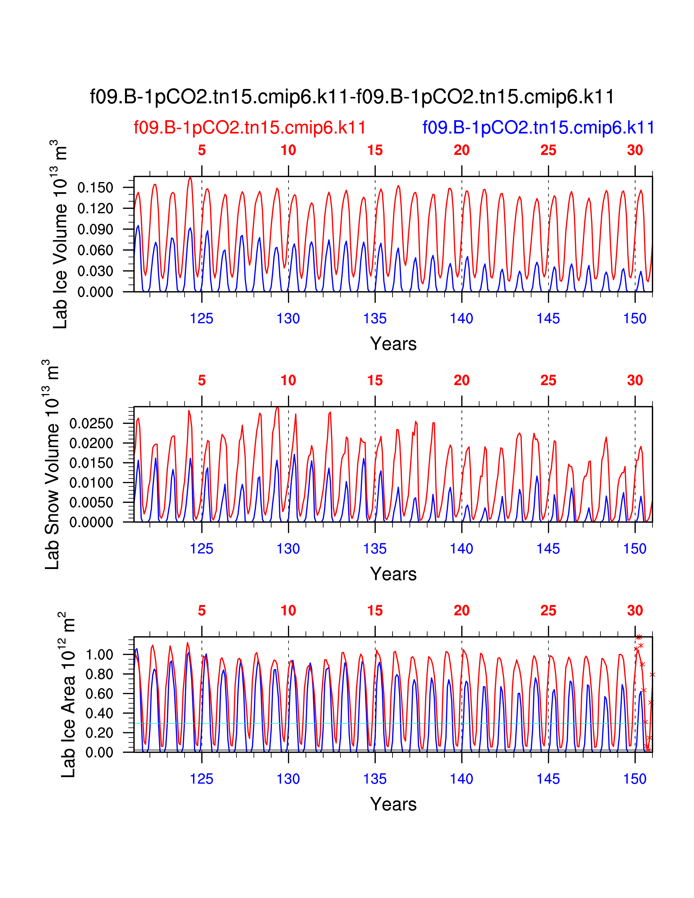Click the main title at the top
click(352, 97)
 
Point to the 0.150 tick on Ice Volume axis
click(95, 188)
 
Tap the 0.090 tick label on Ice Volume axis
click(95, 229)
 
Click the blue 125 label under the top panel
click(201, 318)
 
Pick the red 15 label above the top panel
click(375, 150)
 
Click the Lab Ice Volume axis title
click(60, 234)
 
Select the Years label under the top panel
click(393, 344)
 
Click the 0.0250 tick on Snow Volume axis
click(91, 423)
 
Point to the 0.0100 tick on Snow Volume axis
click(91, 483)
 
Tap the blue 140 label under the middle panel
click(461, 549)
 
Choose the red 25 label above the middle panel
click(548, 380)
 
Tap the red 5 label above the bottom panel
click(201, 611)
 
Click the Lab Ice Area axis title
click(68, 695)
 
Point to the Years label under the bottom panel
click(393, 804)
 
